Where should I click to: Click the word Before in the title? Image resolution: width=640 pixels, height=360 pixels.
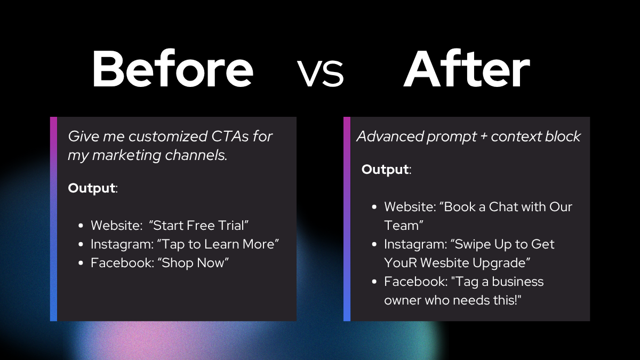click(173, 68)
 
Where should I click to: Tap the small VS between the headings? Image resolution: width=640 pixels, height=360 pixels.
click(320, 73)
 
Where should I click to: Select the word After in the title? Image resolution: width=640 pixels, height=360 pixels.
click(467, 68)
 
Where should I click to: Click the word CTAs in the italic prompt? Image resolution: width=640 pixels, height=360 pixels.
click(230, 137)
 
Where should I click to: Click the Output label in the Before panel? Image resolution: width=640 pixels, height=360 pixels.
click(92, 188)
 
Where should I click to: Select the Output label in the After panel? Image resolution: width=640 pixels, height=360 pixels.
click(385, 170)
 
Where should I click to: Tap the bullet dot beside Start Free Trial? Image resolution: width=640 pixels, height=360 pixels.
click(81, 226)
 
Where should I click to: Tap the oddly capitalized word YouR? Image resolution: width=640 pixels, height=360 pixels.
click(401, 263)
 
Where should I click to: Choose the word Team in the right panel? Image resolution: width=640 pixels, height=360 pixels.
click(402, 226)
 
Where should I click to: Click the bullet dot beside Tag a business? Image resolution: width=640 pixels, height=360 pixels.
click(374, 282)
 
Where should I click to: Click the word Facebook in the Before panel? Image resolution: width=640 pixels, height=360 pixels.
click(122, 263)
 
